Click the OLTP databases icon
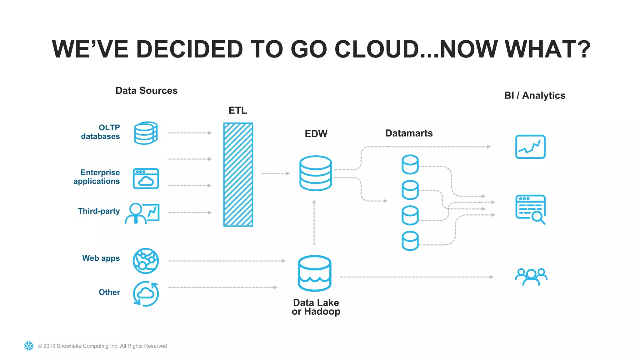point(146,133)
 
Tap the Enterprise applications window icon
point(146,178)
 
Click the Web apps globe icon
point(146,261)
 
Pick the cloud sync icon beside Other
point(146,294)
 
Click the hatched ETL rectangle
point(238,174)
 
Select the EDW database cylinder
point(316,173)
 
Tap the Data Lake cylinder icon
point(315,273)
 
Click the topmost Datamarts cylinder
point(410,164)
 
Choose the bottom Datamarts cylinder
point(410,241)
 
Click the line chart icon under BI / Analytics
point(530,147)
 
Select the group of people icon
point(531,277)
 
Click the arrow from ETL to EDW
point(275,173)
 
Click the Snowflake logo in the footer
point(29,346)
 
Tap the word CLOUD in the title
point(377,49)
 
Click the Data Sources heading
point(146,91)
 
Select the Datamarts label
point(409,133)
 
